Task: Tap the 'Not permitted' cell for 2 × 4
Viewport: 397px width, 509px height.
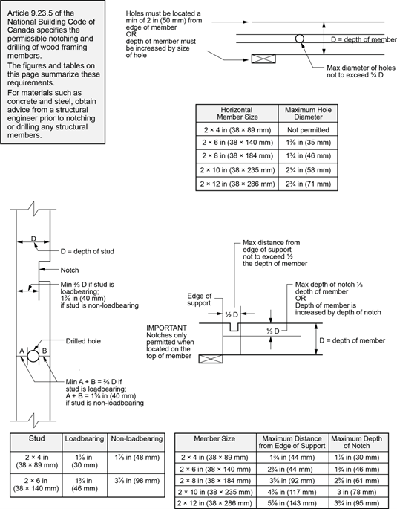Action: pyautogui.click(x=308, y=130)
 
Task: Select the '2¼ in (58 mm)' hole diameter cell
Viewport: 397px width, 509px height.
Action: pyautogui.click(x=308, y=170)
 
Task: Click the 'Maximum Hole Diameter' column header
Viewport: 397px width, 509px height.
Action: pyautogui.click(x=308, y=113)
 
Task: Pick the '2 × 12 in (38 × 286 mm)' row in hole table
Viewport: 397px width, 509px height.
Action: pyautogui.click(x=237, y=184)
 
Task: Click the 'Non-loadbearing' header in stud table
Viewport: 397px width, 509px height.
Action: pyautogui.click(x=137, y=439)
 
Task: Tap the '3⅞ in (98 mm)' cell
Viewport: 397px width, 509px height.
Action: pyautogui.click(x=137, y=481)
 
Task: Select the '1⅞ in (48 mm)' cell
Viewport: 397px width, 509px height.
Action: pyautogui.click(x=137, y=458)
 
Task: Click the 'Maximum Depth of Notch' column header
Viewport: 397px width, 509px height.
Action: pyautogui.click(x=356, y=442)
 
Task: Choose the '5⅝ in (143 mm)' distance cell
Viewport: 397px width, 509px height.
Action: pyautogui.click(x=292, y=504)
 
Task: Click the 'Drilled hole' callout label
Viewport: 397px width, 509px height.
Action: pyautogui.click(x=83, y=341)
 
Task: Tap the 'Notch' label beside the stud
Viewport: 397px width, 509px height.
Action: pyautogui.click(x=70, y=270)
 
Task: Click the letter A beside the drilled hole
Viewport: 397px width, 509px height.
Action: pyautogui.click(x=22, y=351)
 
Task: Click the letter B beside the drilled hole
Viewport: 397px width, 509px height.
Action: pyautogui.click(x=45, y=351)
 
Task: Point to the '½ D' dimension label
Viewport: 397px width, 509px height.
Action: pyautogui.click(x=232, y=314)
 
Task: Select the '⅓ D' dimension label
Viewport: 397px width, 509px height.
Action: pyautogui.click(x=273, y=331)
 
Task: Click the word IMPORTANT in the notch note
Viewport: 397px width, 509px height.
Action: pyautogui.click(x=166, y=328)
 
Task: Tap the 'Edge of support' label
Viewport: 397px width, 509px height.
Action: pyautogui.click(x=199, y=299)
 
